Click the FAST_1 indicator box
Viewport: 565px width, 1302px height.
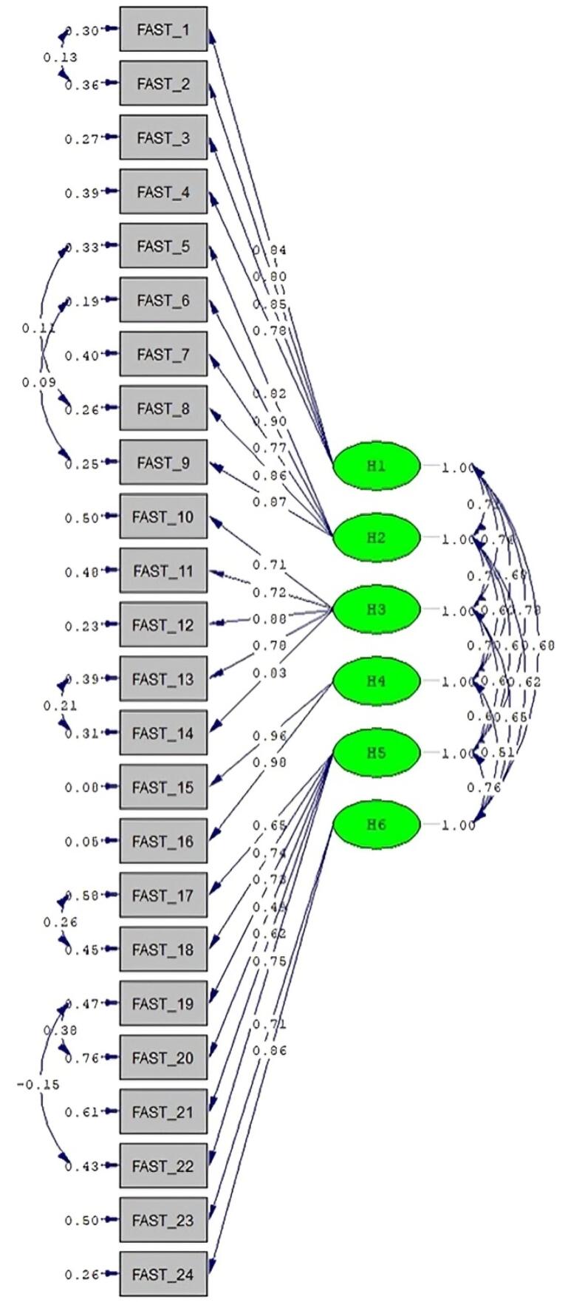click(x=163, y=30)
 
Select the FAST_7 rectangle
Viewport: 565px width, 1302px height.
click(x=163, y=355)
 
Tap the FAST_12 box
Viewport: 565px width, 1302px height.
click(x=163, y=625)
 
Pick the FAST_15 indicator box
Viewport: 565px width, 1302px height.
click(x=163, y=787)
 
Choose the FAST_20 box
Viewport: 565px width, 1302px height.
click(x=163, y=1057)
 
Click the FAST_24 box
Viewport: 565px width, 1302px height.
click(x=163, y=1274)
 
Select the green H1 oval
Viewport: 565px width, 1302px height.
click(x=376, y=466)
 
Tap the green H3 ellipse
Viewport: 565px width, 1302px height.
click(x=376, y=610)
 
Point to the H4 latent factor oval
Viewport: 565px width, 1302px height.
click(x=376, y=681)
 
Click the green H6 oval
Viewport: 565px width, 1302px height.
click(x=376, y=825)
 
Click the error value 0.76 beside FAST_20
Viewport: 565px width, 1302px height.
click(x=81, y=1058)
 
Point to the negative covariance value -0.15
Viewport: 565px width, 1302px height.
click(x=38, y=1085)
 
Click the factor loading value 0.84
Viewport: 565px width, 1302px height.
click(x=269, y=250)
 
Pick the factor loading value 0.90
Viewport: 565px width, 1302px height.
click(x=269, y=421)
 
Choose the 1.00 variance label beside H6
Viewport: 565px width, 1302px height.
click(x=458, y=825)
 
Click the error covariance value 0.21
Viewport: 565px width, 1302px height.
click(x=60, y=706)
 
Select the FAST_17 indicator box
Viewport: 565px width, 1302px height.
click(x=163, y=896)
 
